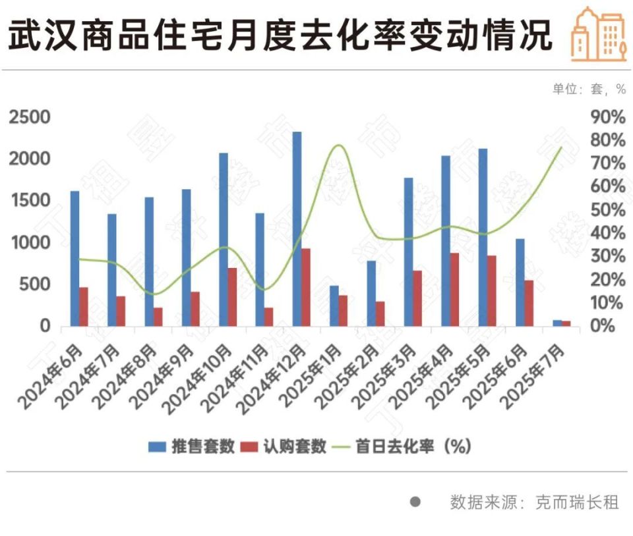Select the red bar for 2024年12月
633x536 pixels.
(x=306, y=287)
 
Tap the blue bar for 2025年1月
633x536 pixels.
(x=334, y=306)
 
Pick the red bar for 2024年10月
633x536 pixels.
(x=232, y=296)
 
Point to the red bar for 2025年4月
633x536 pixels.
(x=454, y=289)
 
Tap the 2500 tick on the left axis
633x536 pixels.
(x=29, y=117)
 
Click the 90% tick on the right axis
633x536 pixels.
(x=607, y=117)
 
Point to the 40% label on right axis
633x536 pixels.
(x=607, y=233)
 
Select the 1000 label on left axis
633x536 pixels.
(x=29, y=242)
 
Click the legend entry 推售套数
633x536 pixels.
(x=191, y=446)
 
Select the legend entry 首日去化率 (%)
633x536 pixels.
(x=402, y=446)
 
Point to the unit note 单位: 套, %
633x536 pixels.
(x=589, y=89)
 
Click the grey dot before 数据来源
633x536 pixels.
(x=415, y=502)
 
